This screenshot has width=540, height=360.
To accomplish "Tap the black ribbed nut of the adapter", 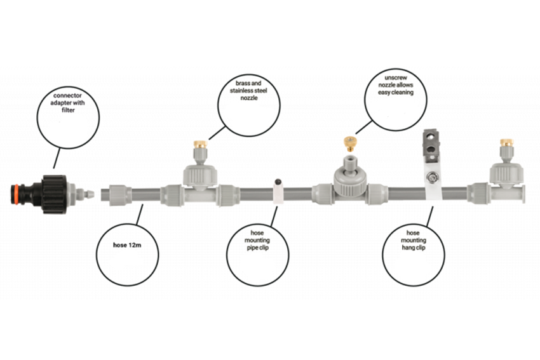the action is [x=54, y=194].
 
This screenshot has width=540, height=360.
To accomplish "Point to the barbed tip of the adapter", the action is [x=89, y=194].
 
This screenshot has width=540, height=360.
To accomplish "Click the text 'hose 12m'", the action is [x=127, y=245].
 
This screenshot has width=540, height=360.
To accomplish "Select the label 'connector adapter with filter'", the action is [x=68, y=103].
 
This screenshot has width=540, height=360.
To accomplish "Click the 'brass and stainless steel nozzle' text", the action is [x=248, y=91].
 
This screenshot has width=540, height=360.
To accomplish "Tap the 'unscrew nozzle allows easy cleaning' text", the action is [x=396, y=85].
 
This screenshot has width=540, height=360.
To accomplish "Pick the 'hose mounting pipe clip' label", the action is [x=257, y=240].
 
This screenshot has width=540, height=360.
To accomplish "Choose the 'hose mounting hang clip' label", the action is [x=414, y=240].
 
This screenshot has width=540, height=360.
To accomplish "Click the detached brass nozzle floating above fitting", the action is [x=350, y=143].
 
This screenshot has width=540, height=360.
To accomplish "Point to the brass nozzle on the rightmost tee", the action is [x=506, y=142].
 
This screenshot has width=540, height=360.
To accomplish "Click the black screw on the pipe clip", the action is [x=278, y=182].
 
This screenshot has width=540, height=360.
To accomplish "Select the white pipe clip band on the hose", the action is [x=278, y=194].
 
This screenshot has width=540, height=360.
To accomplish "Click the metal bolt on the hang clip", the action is [x=431, y=178].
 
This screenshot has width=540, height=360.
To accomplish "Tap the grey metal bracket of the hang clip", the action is [x=431, y=145].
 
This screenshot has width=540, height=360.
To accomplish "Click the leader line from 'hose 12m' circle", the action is [x=140, y=214].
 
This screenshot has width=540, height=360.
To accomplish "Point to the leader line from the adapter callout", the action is [x=57, y=158].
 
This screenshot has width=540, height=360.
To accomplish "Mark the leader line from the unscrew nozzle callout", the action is [x=364, y=128].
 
